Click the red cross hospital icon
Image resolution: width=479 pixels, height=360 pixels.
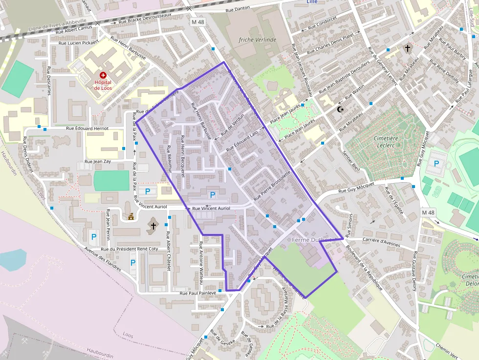click(103, 75)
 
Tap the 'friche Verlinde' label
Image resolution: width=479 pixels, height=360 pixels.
click(258, 40)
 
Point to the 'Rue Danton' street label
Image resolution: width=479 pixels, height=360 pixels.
click(238, 9)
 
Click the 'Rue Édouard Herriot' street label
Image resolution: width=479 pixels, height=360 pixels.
click(87, 128)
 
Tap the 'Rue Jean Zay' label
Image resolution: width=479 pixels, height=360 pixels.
click(98, 161)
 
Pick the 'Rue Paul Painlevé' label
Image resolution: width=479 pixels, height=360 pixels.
click(197, 293)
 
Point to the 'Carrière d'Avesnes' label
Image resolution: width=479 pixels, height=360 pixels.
click(381, 239)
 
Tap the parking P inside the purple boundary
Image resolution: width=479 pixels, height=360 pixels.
click(213, 195)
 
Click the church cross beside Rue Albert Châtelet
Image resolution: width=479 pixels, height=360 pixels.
click(153, 226)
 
